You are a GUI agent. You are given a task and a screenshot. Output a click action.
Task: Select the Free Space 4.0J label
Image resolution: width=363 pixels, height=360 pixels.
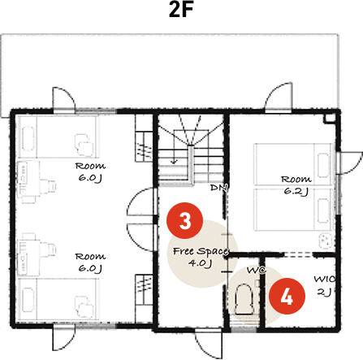(201, 257)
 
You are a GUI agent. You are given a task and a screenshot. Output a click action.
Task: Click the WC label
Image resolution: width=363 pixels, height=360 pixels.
(256, 268)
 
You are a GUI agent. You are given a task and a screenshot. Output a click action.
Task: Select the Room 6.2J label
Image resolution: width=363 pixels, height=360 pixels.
(296, 184)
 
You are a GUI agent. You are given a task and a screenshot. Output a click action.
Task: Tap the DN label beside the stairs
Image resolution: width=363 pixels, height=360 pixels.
(217, 189)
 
